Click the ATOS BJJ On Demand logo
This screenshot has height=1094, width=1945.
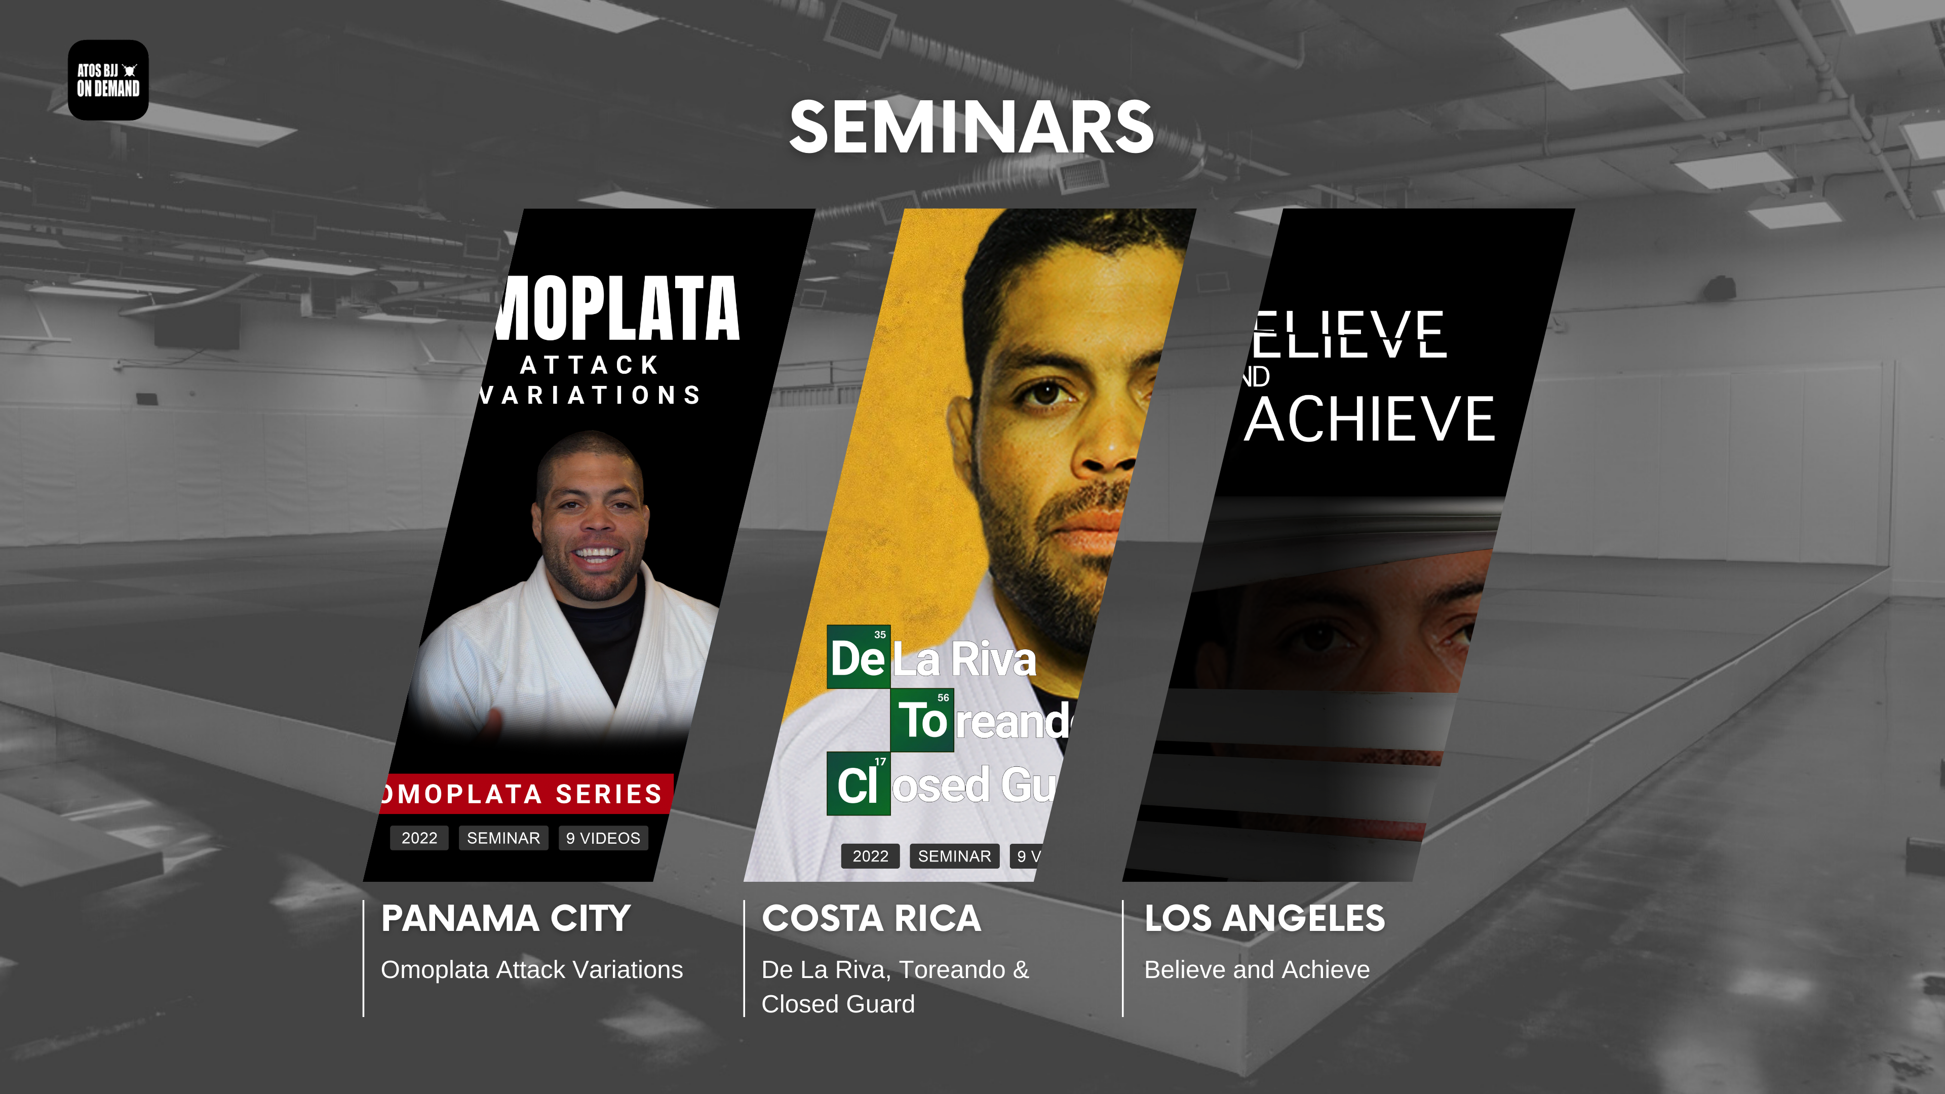click(x=108, y=80)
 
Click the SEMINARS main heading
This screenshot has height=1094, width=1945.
click(x=971, y=128)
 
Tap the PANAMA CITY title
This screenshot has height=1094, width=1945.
click(x=505, y=918)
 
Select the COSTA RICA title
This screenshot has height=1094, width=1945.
click(x=871, y=918)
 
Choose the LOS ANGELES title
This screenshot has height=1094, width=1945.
click(x=1264, y=918)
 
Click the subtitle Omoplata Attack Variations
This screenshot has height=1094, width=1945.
click(x=531, y=969)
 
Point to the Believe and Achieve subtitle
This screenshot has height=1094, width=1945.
click(x=1256, y=969)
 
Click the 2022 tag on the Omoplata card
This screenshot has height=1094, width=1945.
click(x=419, y=838)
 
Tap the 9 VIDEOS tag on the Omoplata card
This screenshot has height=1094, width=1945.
click(x=603, y=838)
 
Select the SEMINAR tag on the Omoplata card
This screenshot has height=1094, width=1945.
click(x=503, y=838)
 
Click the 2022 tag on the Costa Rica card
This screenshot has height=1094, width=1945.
click(x=870, y=856)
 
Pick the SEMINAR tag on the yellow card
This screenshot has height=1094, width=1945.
click(x=954, y=856)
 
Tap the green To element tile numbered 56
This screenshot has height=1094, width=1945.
click(x=922, y=720)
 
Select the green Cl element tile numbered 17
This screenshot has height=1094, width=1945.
click(x=859, y=784)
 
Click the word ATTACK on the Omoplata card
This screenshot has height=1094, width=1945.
click(x=590, y=365)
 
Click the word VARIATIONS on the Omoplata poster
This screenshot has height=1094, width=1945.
click(x=591, y=395)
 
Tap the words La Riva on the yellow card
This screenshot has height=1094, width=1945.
click(x=964, y=659)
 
